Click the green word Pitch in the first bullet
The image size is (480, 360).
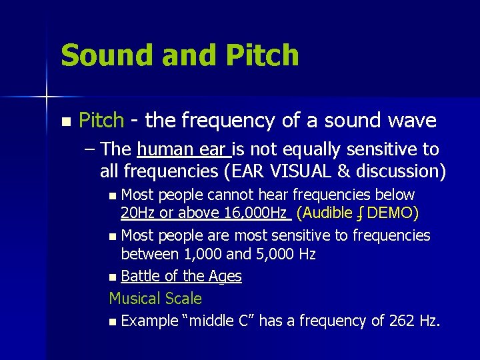click(101, 121)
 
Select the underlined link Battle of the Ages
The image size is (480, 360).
click(181, 276)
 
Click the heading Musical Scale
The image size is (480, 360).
click(155, 298)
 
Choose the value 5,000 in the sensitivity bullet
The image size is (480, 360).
click(273, 254)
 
